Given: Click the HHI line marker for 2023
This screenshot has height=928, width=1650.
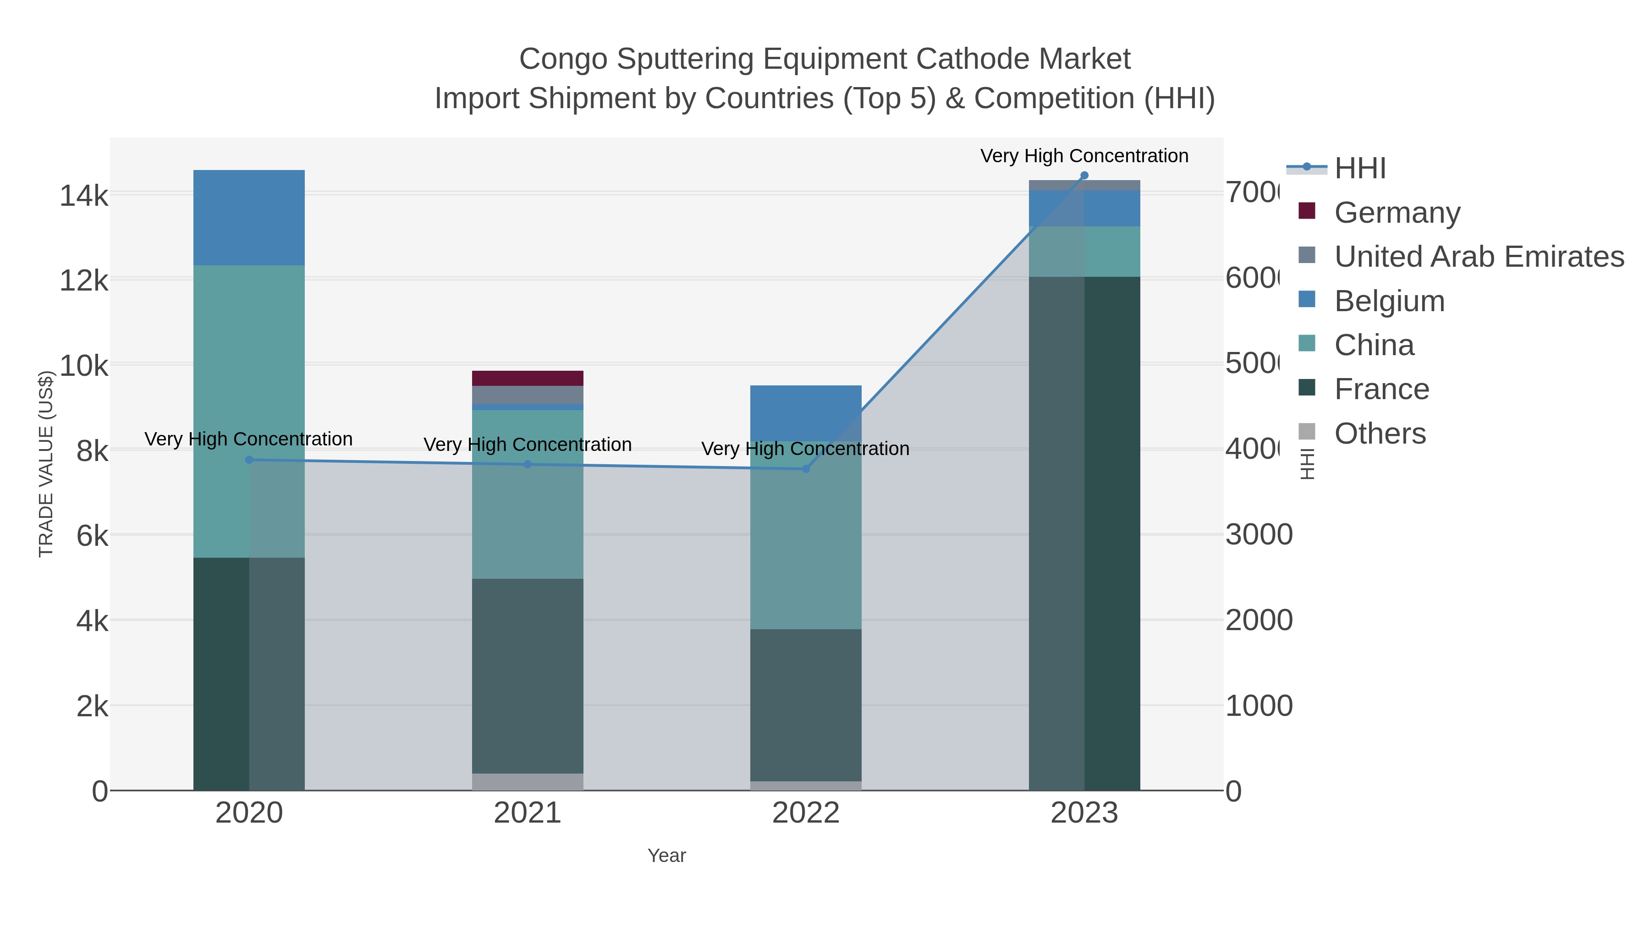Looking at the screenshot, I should (x=1084, y=176).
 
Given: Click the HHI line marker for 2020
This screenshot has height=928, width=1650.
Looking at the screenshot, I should (x=249, y=460).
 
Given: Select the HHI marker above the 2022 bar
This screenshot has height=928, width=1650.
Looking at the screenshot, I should (x=806, y=469).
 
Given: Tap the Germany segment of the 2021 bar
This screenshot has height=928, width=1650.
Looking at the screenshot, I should (x=527, y=378).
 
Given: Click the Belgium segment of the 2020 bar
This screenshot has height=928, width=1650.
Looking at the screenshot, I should (x=249, y=218).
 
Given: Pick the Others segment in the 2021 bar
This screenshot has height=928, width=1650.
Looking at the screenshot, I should (x=527, y=781).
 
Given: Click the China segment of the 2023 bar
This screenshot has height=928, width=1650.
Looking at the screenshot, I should (x=1084, y=251).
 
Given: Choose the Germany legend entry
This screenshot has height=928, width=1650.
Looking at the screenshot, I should (x=1397, y=212).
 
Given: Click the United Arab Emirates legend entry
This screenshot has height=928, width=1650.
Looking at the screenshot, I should (x=1478, y=256).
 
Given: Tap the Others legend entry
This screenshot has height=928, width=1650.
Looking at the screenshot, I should (x=1380, y=434).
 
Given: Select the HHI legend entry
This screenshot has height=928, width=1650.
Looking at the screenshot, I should (x=1359, y=169).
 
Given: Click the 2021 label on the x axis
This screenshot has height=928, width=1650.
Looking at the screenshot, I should (x=527, y=813).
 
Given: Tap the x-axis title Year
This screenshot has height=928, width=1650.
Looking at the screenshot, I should (x=666, y=856).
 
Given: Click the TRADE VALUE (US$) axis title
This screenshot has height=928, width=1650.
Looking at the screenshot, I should (x=46, y=464).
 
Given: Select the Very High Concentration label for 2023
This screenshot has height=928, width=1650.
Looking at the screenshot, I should (x=1084, y=156).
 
